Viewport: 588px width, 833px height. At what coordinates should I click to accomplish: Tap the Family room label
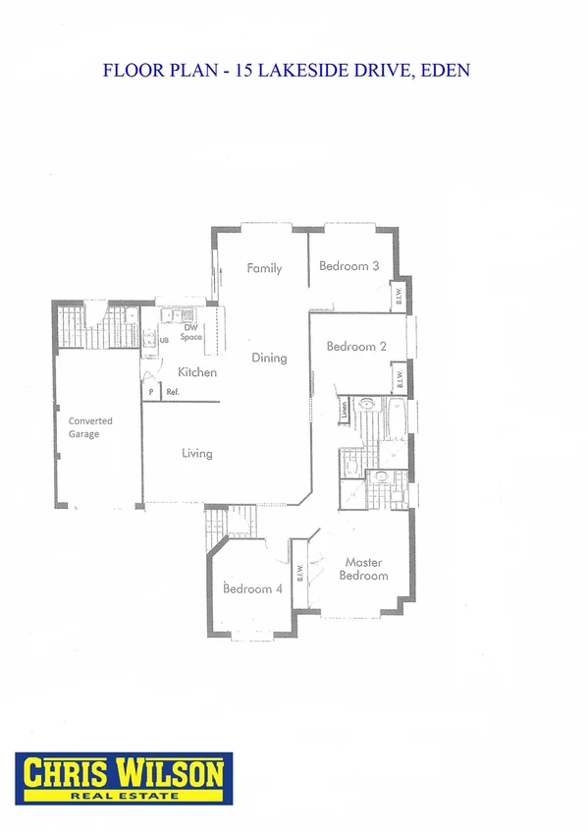click(264, 268)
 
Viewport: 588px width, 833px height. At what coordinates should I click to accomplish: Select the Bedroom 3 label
click(349, 266)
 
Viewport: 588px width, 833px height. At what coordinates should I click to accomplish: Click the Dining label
click(269, 358)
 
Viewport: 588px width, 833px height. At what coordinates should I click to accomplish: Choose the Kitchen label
click(197, 373)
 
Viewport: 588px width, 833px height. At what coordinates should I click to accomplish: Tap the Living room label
click(196, 454)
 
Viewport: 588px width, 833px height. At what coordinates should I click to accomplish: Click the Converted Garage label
click(90, 427)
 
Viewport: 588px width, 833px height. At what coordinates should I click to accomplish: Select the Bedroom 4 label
click(252, 589)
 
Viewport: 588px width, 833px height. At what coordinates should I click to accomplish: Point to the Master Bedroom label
click(363, 570)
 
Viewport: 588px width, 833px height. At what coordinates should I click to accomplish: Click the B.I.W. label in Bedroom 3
click(401, 298)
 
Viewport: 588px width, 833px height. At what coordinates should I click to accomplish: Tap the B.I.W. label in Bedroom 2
click(400, 377)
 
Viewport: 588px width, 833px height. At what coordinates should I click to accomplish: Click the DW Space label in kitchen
click(191, 332)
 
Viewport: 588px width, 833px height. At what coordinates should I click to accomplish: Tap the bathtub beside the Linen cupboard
click(398, 416)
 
